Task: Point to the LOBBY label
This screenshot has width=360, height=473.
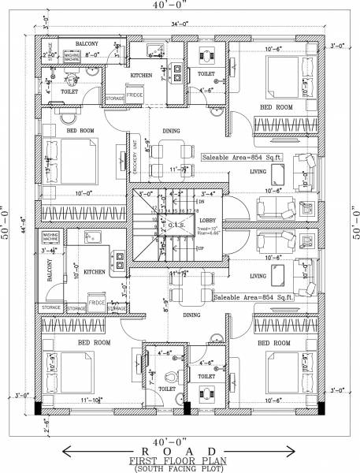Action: (207, 221)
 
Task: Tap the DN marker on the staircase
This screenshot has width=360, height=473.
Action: (202, 202)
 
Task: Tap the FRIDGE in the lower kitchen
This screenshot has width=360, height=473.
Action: (96, 303)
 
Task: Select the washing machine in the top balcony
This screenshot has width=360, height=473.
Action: (72, 56)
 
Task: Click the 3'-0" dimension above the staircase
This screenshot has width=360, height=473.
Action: (146, 192)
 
